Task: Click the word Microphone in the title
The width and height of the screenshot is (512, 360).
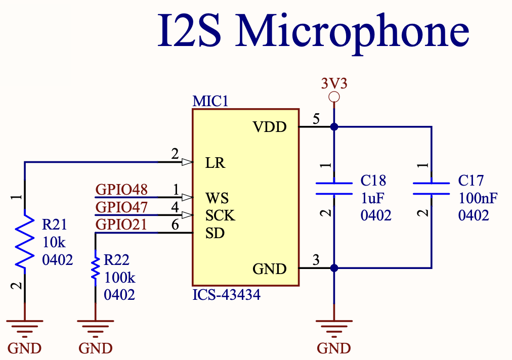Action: pyautogui.click(x=352, y=32)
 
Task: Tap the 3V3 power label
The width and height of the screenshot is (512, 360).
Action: pyautogui.click(x=334, y=83)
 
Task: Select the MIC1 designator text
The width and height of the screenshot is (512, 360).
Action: pyautogui.click(x=210, y=101)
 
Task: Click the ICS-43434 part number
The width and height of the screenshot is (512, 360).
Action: pyautogui.click(x=226, y=295)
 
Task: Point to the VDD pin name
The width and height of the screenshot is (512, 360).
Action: pyautogui.click(x=270, y=127)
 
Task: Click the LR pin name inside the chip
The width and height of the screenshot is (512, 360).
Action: pyautogui.click(x=215, y=162)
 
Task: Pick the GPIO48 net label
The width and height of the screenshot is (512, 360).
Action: pyautogui.click(x=121, y=189)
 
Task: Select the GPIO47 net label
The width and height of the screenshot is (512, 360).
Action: pyautogui.click(x=121, y=207)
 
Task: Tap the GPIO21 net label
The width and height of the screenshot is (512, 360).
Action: pyautogui.click(x=121, y=224)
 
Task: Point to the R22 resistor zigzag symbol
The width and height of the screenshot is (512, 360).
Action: pyautogui.click(x=95, y=267)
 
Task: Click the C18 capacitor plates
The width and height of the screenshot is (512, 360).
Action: pyautogui.click(x=334, y=189)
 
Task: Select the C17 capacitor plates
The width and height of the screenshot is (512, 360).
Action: pyautogui.click(x=432, y=189)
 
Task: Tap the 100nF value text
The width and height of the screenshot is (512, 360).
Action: pyautogui.click(x=478, y=198)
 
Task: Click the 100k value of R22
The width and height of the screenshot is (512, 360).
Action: pyautogui.click(x=119, y=278)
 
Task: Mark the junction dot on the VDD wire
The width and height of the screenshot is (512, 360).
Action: pyautogui.click(x=334, y=126)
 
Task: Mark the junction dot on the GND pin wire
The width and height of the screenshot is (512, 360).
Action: pyautogui.click(x=334, y=268)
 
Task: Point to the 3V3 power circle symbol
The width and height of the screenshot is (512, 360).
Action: pyautogui.click(x=334, y=97)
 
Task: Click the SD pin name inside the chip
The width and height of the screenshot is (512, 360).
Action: pyautogui.click(x=215, y=233)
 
